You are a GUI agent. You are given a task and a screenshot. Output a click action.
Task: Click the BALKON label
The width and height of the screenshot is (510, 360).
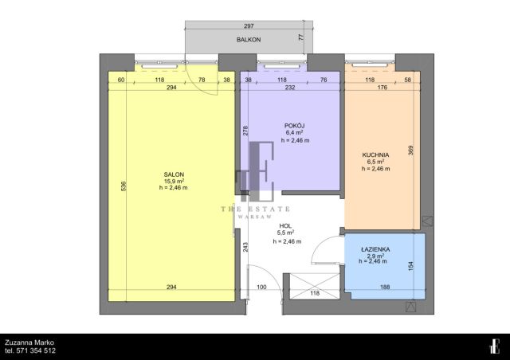(249, 40)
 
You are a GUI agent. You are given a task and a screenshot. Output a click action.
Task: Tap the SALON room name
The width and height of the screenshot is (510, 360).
(174, 174)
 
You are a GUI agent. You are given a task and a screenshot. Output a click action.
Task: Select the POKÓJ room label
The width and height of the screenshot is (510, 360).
(295, 126)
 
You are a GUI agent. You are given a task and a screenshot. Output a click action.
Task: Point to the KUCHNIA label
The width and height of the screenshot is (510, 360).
(375, 155)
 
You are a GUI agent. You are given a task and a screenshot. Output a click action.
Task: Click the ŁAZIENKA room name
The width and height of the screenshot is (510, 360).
(375, 249)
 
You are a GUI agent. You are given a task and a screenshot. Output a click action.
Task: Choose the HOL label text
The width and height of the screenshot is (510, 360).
(285, 226)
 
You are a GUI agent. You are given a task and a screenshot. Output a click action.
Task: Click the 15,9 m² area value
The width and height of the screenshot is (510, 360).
(174, 181)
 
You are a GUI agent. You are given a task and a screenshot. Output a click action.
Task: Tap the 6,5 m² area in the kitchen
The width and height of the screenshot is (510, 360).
(375, 162)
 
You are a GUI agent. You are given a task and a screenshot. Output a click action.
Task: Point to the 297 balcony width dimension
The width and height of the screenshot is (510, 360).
(249, 25)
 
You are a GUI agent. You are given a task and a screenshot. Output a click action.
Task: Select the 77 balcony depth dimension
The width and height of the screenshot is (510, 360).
(301, 37)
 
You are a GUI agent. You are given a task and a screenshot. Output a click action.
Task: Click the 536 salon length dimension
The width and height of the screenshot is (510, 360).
(124, 186)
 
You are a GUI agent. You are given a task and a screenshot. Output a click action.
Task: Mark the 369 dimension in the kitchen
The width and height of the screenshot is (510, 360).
(410, 151)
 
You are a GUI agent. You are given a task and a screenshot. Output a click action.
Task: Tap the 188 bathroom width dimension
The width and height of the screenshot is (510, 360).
(385, 287)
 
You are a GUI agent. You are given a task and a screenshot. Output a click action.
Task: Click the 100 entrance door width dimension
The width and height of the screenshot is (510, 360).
(261, 287)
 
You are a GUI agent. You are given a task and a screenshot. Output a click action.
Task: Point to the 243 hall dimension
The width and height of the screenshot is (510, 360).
(245, 247)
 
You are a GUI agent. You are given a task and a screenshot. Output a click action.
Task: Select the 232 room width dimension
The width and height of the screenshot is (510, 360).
(290, 87)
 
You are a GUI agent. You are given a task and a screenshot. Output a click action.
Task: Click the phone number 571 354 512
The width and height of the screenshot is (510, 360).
(36, 350)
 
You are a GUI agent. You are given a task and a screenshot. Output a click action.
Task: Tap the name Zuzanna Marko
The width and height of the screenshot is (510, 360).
(29, 342)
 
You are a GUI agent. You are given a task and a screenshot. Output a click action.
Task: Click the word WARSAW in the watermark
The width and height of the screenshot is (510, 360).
(255, 217)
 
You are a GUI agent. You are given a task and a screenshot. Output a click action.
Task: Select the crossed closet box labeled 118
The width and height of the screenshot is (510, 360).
(315, 286)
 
